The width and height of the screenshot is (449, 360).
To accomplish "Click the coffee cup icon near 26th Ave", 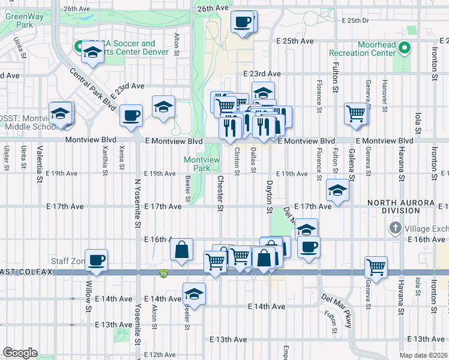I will coord(243,23).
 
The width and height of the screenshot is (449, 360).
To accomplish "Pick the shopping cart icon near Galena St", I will coord(356,112).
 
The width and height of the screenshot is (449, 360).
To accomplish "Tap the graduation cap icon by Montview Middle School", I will coord(61,113).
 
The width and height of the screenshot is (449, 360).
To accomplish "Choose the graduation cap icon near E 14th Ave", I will coord(194,294).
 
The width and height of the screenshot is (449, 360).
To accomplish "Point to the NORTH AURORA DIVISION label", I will coord(393,207).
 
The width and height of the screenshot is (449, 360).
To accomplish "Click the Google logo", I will coord(20,353).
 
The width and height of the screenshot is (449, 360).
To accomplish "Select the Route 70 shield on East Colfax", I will coord(164,274).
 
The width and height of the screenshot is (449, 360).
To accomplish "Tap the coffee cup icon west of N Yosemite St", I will coord(131,116).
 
